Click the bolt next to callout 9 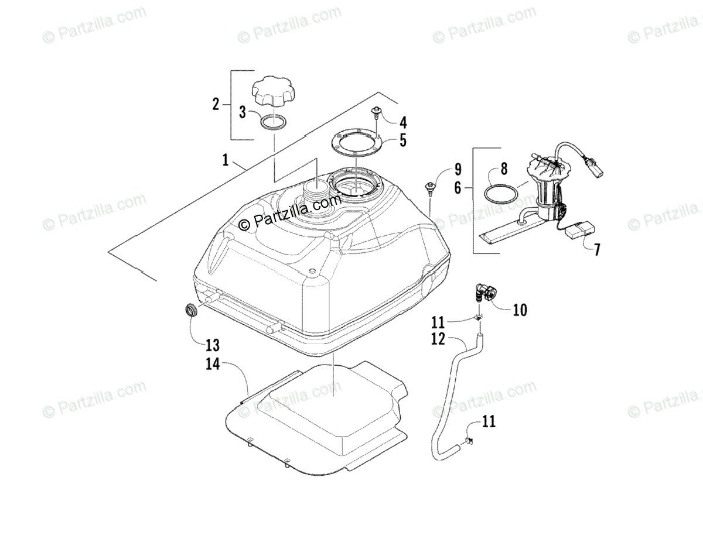pyautogui.click(x=431, y=188)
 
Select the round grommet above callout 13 pyautogui.click(x=191, y=310)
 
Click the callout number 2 pyautogui.click(x=216, y=105)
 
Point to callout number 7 pyautogui.click(x=597, y=250)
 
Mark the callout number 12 pyautogui.click(x=437, y=339)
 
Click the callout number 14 pyautogui.click(x=212, y=364)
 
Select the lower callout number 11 pyautogui.click(x=489, y=421)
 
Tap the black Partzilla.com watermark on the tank pyautogui.click(x=290, y=213)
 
